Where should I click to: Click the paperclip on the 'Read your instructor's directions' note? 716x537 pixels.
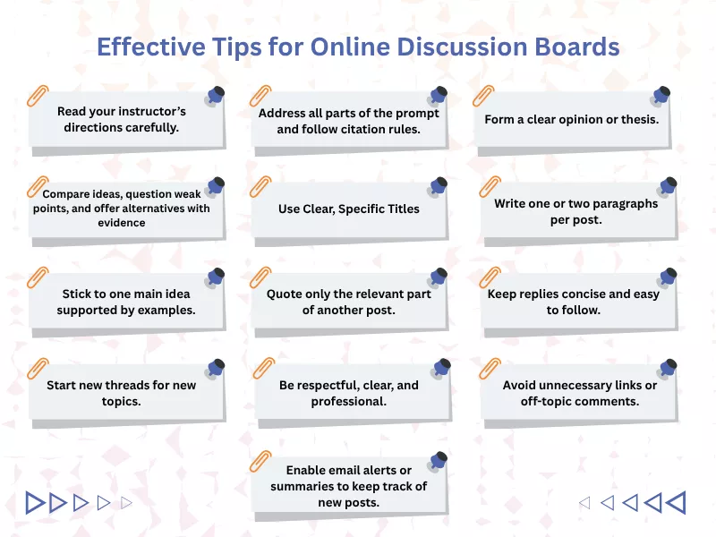(38, 96)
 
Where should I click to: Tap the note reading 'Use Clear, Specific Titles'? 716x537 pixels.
(349, 209)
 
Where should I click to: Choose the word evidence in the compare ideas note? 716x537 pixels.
(122, 223)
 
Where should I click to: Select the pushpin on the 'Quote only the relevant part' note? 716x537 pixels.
(438, 277)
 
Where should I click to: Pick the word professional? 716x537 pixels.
(348, 402)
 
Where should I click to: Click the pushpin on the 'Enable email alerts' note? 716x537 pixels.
(438, 461)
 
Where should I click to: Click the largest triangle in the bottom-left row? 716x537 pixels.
(35, 503)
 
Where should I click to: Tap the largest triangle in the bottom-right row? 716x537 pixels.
(677, 503)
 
